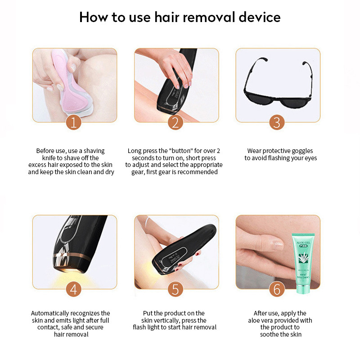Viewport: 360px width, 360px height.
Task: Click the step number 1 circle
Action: pyautogui.click(x=74, y=122)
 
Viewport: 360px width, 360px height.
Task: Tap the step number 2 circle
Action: pyautogui.click(x=176, y=122)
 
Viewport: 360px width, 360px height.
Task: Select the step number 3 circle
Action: pyautogui.click(x=277, y=122)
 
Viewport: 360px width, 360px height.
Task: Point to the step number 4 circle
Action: pyautogui.click(x=74, y=289)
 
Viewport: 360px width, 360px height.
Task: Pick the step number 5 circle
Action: pyautogui.click(x=176, y=289)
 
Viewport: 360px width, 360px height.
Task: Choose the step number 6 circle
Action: pyautogui.click(x=277, y=289)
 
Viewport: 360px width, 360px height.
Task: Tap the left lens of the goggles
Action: pyautogui.click(x=259, y=100)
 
